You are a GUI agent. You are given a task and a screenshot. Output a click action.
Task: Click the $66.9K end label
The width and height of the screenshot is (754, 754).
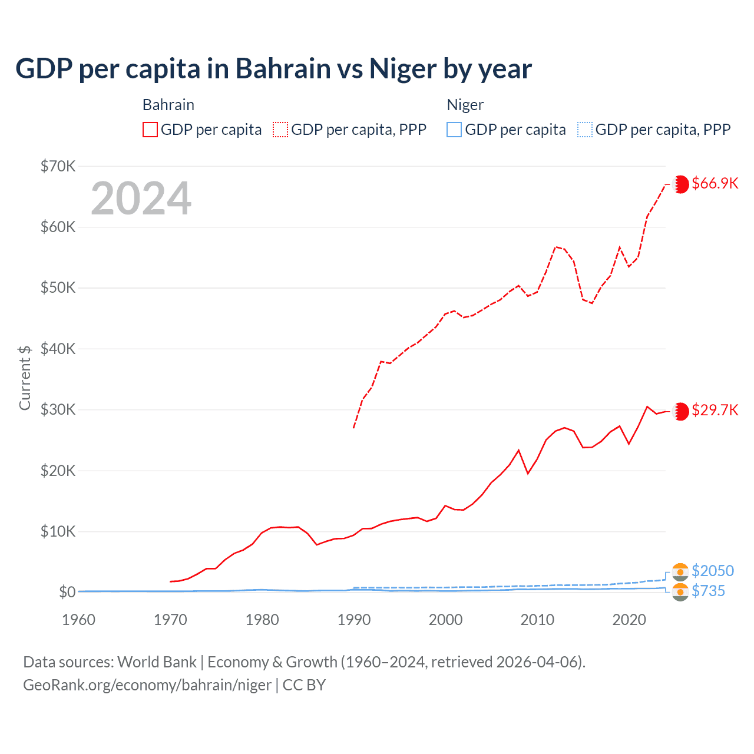tap(715, 183)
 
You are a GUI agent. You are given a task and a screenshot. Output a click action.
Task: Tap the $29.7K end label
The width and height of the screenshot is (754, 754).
tap(715, 410)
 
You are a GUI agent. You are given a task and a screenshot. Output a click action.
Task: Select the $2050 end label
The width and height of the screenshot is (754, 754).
tap(713, 571)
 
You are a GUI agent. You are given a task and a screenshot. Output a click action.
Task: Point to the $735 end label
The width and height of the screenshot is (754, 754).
tap(708, 591)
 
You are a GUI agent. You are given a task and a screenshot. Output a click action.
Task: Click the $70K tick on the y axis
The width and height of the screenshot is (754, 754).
tap(58, 166)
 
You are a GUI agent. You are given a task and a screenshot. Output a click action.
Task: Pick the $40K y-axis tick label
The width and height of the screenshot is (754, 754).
tap(58, 349)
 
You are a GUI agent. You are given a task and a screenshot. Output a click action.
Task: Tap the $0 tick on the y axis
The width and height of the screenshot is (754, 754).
tap(67, 592)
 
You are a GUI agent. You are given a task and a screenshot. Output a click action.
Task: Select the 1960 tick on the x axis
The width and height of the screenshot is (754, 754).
tap(78, 620)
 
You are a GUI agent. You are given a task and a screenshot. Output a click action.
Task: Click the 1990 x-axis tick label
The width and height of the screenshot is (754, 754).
tap(354, 620)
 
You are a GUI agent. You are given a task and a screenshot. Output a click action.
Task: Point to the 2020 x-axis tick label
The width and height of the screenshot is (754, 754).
tap(629, 620)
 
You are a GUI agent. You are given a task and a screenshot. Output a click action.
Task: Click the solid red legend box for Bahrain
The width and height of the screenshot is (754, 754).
tap(150, 130)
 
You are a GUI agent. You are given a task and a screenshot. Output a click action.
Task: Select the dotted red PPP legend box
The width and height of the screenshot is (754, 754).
tap(280, 130)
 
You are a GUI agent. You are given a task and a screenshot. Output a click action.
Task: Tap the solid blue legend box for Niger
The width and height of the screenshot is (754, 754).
tap(454, 130)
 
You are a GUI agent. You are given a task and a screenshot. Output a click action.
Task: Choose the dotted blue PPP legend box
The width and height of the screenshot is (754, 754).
tap(585, 130)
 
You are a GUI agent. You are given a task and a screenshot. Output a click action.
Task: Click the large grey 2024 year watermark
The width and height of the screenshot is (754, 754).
tap(141, 199)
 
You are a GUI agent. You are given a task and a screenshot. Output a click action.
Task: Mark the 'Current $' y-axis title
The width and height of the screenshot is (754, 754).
tap(25, 378)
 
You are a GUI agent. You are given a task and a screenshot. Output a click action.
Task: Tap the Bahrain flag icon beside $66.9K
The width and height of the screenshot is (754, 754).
tap(680, 184)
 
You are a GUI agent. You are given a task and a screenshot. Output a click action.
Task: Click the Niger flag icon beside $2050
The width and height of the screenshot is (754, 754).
tap(680, 572)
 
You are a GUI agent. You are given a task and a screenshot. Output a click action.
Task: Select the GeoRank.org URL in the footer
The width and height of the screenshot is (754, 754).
tap(147, 685)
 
